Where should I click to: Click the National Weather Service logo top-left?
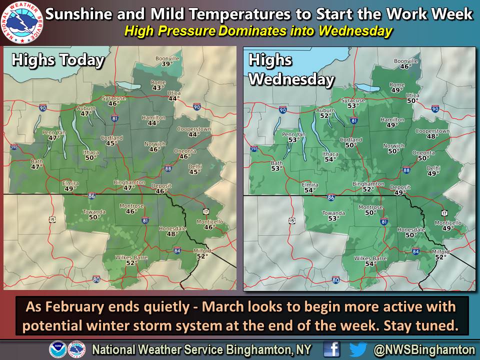click(22, 22)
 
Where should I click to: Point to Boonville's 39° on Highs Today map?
click(166, 64)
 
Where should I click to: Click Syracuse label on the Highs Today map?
click(114, 98)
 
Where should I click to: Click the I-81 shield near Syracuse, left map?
click(115, 118)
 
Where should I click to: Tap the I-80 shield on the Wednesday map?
click(335, 280)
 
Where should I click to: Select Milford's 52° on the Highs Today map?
click(202, 256)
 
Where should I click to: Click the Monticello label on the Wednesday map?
click(448, 222)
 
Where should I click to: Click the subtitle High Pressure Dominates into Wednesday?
click(258, 31)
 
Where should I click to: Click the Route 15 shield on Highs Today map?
click(52, 219)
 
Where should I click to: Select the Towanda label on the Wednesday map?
click(333, 213)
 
